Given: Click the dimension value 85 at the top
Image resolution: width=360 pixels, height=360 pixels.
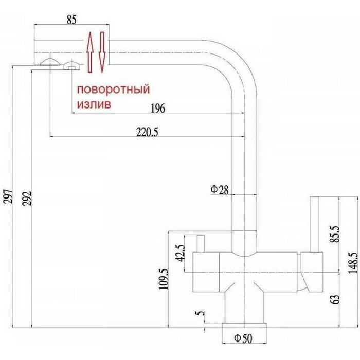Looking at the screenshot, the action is point(71,20).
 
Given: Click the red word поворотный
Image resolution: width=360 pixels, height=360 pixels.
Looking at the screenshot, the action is point(114,90).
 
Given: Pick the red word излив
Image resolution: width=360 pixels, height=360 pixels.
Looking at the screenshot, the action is point(94,103).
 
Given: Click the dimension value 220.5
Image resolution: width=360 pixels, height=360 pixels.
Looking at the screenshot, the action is point(148,132).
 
